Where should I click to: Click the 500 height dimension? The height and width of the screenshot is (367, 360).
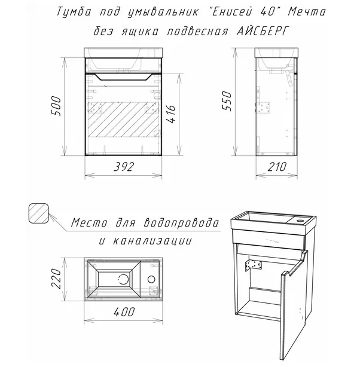[56, 106]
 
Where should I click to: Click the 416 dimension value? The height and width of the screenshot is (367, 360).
[170, 114]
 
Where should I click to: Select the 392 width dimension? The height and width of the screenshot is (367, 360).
[124, 167]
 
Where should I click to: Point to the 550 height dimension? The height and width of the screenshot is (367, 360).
[227, 101]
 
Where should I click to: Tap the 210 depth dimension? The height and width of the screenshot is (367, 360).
[277, 167]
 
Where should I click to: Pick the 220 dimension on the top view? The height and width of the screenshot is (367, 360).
[56, 279]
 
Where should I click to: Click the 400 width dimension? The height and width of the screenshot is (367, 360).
[124, 312]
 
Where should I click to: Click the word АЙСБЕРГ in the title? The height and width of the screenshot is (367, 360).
[263, 31]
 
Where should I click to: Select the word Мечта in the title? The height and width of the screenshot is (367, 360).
[307, 11]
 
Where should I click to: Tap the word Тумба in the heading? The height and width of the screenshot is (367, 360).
[74, 12]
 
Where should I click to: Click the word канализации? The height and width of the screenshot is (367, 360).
[152, 241]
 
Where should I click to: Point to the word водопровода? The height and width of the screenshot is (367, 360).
[181, 222]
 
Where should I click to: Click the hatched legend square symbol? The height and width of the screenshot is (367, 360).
[39, 213]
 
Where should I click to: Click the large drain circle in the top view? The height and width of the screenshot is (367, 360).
[123, 279]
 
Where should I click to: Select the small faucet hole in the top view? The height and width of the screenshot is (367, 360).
[151, 279]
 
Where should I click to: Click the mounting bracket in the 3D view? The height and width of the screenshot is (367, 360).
[253, 266]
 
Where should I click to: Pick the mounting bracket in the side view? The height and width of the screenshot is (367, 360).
[264, 108]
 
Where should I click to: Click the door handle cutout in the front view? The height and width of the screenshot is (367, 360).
[123, 77]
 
